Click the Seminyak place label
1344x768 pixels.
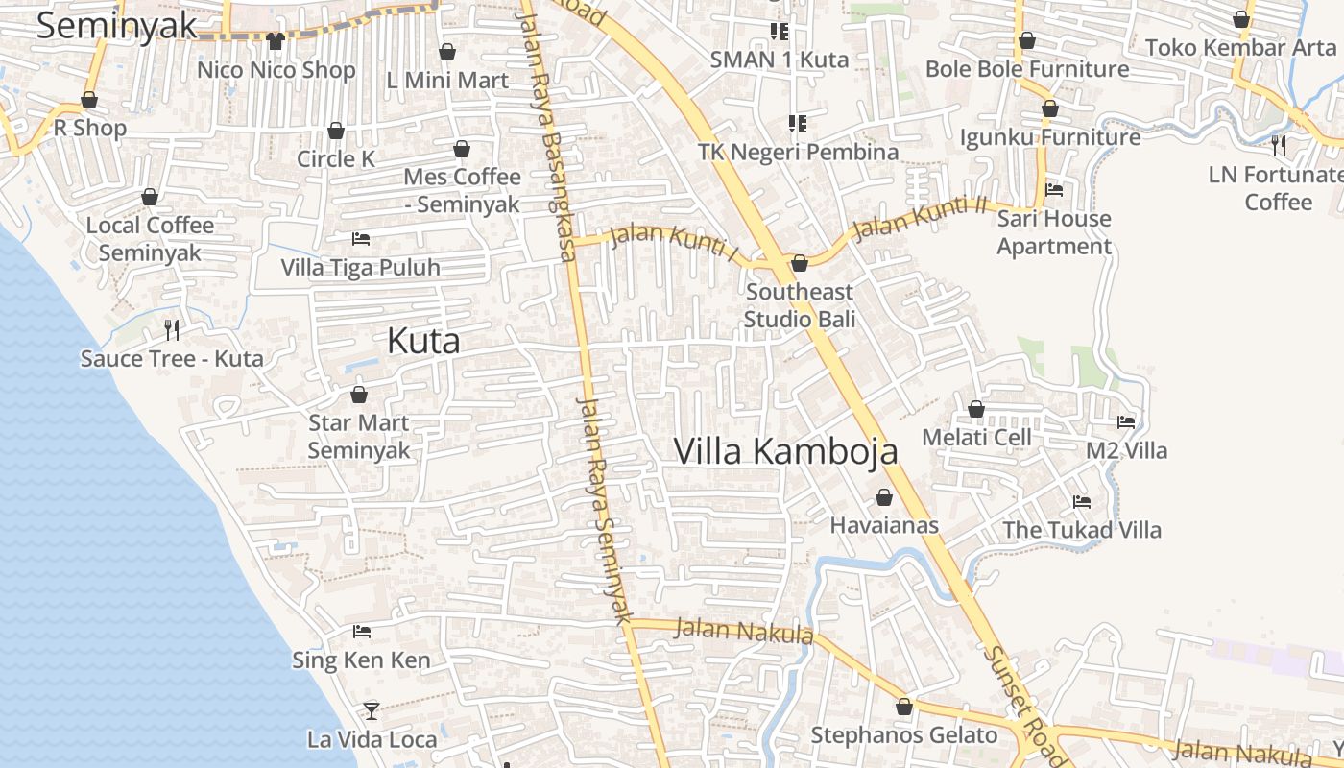coord(117,26)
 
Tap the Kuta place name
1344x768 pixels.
coord(423,341)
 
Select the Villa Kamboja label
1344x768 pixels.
coord(785,450)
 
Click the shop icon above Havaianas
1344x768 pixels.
coord(884,497)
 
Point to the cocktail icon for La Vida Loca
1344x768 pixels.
coord(371,711)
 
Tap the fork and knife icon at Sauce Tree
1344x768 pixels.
coord(172,330)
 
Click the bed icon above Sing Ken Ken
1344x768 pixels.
coord(362,632)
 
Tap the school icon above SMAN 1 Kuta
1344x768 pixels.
coord(780,32)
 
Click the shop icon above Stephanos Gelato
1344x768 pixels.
coord(904,708)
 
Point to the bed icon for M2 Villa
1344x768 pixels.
coord(1126,421)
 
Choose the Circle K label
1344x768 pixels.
coord(336,158)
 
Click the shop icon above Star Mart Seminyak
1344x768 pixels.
coord(359,395)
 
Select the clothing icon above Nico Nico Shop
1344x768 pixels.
coord(276,41)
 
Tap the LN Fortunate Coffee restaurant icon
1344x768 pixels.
coord(1279,146)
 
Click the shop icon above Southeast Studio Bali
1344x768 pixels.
coord(799,263)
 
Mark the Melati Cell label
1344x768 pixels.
coord(976,438)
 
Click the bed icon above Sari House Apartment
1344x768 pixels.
coord(1054,190)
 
